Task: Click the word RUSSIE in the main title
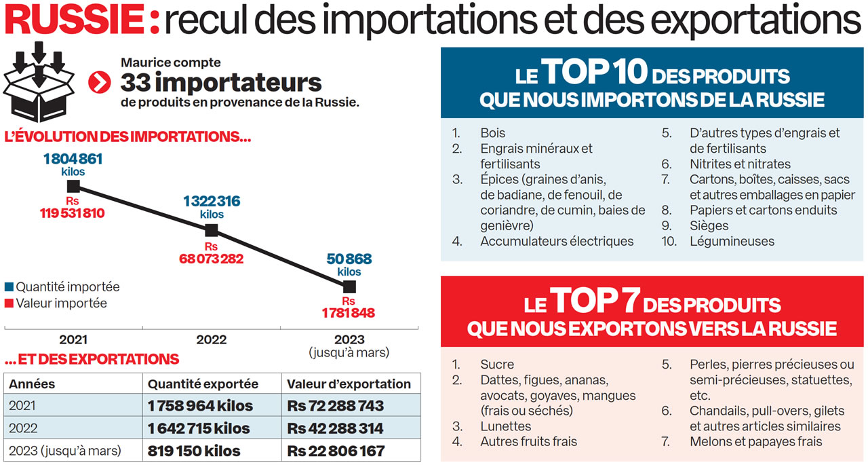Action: pos(75,21)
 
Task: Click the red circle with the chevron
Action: pos(100,83)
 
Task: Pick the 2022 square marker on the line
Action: pos(212,230)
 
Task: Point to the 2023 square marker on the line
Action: pos(349,286)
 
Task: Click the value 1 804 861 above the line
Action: pos(73,160)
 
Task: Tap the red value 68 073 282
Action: pos(212,259)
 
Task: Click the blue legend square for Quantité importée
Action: pos(9,287)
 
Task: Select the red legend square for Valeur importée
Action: pos(9,303)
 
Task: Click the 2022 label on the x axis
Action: pos(212,339)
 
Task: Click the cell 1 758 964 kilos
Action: pos(200,406)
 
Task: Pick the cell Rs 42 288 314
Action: pos(336,428)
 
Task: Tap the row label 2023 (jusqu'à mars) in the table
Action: pos(65,451)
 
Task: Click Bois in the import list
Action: pos(492,133)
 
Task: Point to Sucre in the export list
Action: pos(497,365)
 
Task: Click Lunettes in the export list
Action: pos(505,426)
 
